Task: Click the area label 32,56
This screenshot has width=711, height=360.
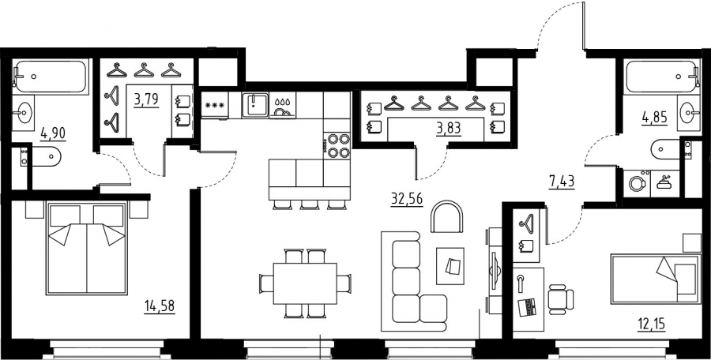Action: point(406,199)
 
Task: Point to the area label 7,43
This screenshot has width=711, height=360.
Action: point(562,182)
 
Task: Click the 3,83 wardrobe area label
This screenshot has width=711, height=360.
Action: point(449,129)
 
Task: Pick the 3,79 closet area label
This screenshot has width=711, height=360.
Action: point(146,99)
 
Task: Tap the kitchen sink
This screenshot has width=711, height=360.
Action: point(255,105)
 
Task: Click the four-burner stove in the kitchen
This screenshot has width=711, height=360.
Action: point(337,145)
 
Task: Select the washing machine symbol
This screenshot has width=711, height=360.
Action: point(637,183)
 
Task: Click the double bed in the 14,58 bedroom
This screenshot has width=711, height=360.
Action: point(87,249)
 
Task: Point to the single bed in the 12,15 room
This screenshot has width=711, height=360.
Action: point(656,279)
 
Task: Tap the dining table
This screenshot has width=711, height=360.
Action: point(305,283)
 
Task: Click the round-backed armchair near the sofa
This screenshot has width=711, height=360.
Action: point(447,217)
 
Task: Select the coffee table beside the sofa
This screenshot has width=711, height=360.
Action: point(450,266)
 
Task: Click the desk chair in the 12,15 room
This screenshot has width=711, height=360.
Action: point(561,299)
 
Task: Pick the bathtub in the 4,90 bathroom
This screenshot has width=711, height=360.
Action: point(51,77)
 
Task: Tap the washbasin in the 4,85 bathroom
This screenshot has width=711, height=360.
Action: point(689,111)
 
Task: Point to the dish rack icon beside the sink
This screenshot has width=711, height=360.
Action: point(283,108)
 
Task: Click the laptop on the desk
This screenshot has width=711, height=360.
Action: point(527,307)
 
